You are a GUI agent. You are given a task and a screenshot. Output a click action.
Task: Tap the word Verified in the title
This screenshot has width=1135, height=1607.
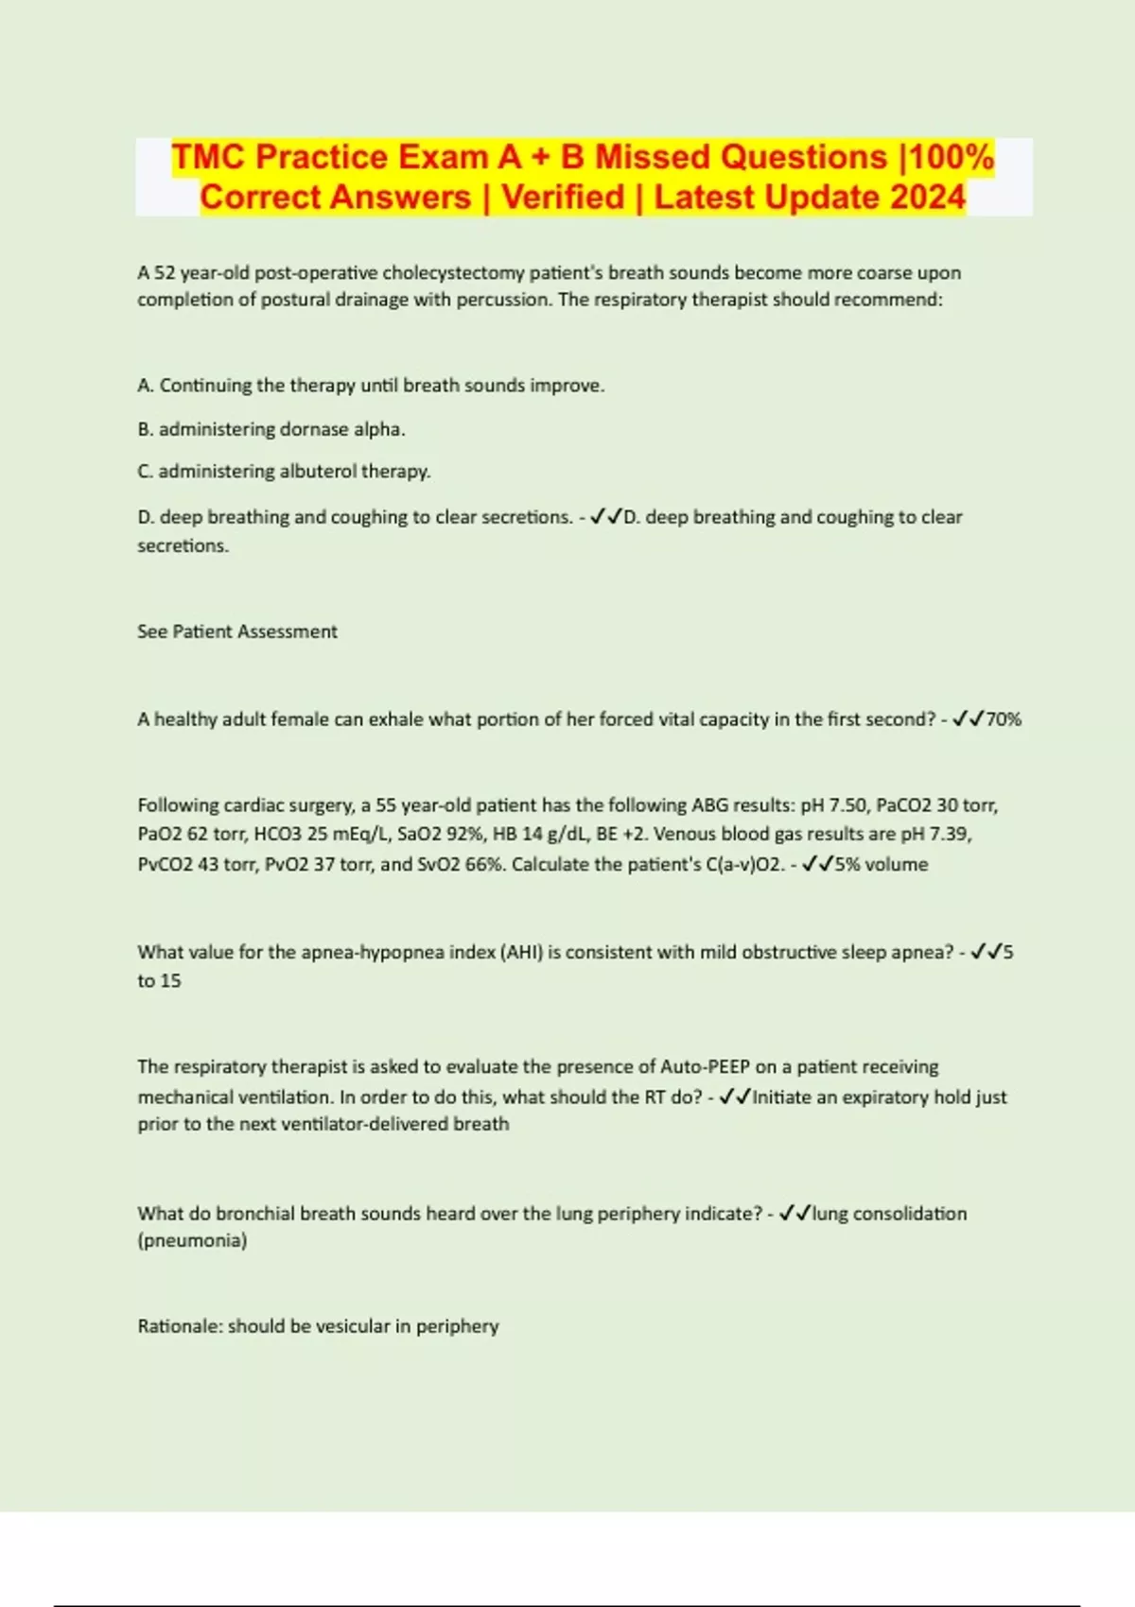563,197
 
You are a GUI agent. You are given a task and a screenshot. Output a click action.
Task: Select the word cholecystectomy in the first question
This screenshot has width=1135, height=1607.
453,272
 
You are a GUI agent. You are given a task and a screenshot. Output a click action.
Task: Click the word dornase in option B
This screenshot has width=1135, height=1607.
314,429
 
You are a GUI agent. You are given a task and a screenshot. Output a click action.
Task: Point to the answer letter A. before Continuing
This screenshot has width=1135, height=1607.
146,386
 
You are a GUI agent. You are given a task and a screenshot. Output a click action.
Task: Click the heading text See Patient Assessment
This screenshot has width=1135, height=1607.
237,631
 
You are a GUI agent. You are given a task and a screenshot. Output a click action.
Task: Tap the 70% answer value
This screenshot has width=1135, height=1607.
1004,719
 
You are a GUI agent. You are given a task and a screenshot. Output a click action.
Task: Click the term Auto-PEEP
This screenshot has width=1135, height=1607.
704,1066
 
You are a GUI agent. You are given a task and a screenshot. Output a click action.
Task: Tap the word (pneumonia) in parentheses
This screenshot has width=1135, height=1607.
192,1240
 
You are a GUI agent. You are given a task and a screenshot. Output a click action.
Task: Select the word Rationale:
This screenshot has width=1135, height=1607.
180,1326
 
